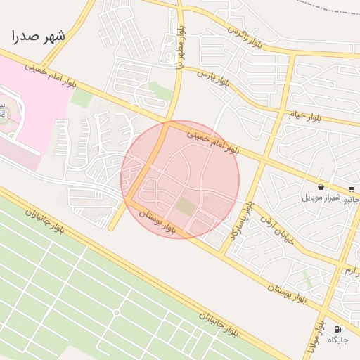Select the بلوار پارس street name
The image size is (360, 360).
212,78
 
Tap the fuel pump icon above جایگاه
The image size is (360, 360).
338,329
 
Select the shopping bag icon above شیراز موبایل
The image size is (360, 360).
321,187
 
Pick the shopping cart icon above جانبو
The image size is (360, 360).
352,188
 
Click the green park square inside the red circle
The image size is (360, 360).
185,207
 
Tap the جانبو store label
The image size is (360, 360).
352,199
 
